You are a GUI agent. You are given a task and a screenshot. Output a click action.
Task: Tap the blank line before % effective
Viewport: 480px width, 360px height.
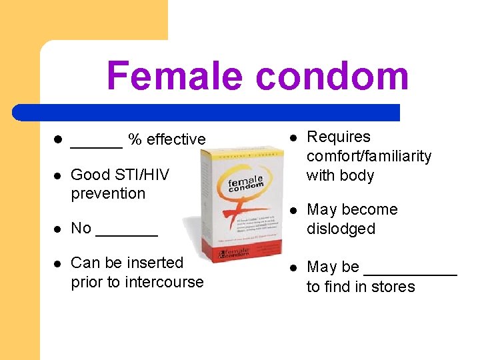point(96,144)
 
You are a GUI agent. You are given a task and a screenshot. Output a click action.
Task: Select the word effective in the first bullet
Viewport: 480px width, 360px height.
point(176,139)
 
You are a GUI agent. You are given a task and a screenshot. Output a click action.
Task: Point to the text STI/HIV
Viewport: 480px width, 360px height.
point(143,175)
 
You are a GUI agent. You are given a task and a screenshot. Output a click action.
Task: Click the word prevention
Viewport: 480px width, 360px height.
point(108,193)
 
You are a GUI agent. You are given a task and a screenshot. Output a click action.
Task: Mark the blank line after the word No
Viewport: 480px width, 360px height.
point(127,233)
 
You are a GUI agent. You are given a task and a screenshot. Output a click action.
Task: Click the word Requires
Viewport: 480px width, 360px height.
point(338,137)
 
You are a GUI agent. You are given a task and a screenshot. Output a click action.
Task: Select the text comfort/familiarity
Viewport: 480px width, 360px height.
point(369,156)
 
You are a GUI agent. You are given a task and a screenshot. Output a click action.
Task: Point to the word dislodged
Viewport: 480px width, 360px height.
point(341,229)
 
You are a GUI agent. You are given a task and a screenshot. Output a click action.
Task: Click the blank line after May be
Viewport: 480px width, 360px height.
point(410,272)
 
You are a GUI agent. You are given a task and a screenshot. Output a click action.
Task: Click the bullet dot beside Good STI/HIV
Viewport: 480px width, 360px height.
point(57,175)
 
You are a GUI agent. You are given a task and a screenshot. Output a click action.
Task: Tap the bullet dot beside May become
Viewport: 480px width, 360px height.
point(293,210)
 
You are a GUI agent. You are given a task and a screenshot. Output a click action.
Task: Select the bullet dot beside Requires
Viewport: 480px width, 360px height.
point(293,137)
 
